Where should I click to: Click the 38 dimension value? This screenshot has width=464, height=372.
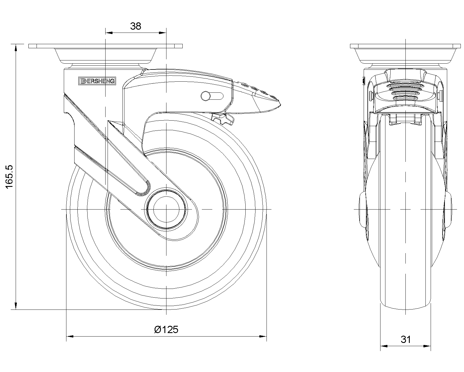pos(135,26)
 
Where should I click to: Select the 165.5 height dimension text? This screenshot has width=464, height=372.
pos(10,177)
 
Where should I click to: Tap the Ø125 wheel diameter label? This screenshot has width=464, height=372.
pos(166,329)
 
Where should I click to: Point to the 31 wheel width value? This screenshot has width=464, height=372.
pos(406,339)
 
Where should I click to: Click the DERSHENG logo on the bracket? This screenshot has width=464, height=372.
pos(97,81)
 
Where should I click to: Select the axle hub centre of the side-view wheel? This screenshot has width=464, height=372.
pos(166,209)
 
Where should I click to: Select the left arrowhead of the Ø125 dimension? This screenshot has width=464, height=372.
pos(70,337)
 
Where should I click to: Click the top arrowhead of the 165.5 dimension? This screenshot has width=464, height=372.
pos(15,48)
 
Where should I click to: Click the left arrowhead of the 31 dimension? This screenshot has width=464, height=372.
pos(384,346)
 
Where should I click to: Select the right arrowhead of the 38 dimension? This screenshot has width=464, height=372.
pos(163,33)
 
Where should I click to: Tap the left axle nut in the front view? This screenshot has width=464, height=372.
pos(362,209)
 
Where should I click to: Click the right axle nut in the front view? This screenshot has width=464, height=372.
pos(448,209)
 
